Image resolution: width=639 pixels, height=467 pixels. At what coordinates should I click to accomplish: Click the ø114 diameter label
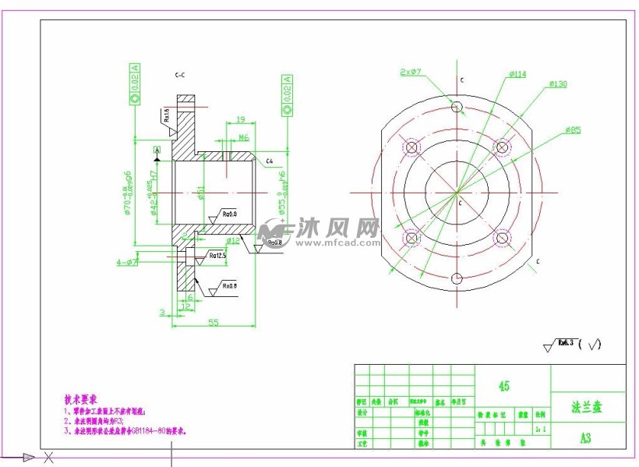tap(517, 75)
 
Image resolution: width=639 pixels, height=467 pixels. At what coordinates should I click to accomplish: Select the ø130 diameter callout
tap(557, 83)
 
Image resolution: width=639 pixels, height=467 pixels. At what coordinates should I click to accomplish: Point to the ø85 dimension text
tap(573, 130)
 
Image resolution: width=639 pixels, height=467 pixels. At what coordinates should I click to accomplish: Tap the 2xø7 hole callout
tap(411, 72)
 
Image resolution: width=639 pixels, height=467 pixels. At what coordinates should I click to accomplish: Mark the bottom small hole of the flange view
tap(457, 278)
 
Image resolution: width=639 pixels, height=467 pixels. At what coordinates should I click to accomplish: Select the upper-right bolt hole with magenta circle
tap(503, 147)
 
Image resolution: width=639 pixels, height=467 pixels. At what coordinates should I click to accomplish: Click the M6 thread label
tap(243, 137)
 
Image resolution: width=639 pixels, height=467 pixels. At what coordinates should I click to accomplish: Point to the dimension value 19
tap(240, 119)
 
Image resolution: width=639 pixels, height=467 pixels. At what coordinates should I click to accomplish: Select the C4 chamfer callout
tap(270, 161)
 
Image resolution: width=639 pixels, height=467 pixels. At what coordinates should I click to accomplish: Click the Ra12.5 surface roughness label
tap(217, 255)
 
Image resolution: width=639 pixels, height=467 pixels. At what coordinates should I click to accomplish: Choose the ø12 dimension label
tap(233, 241)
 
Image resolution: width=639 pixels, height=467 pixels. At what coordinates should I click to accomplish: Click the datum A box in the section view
tap(157, 149)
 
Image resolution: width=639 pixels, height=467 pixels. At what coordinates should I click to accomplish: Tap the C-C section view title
tap(179, 75)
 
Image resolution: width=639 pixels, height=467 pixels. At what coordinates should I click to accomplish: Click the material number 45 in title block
tap(504, 387)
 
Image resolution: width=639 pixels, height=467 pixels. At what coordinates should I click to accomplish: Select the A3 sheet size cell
tap(585, 438)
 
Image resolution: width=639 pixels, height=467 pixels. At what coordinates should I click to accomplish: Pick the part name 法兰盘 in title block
tap(587, 407)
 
